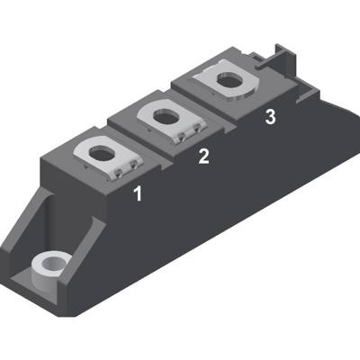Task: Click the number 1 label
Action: click(x=138, y=193)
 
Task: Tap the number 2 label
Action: click(x=204, y=156)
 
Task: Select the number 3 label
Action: click(x=270, y=118)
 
